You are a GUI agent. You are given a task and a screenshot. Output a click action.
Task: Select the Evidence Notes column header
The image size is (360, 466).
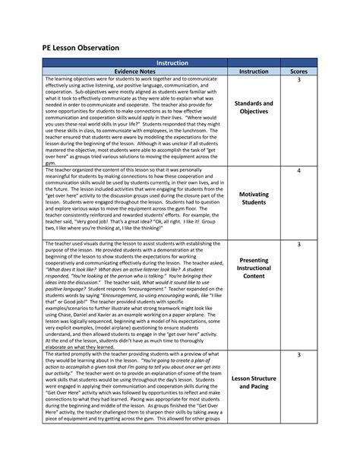(x=134, y=71)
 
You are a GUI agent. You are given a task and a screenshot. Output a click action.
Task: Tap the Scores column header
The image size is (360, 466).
(x=298, y=71)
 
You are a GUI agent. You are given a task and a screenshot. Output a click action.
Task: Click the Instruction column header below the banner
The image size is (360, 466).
(x=253, y=71)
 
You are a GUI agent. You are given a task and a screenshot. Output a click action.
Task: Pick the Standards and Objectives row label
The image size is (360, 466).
(x=253, y=107)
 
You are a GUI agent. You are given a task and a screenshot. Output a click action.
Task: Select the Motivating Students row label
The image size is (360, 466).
(x=253, y=198)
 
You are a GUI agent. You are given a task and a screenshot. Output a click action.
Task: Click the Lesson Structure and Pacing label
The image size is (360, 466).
(x=253, y=382)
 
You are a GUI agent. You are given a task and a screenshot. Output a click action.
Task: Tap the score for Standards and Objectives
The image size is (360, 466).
(x=298, y=81)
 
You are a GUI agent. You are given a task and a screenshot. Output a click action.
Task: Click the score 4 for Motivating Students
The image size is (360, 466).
(x=298, y=171)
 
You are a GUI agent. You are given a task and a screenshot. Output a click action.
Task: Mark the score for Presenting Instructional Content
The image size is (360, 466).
(x=298, y=244)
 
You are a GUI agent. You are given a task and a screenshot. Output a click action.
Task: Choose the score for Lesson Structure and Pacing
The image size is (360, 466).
(x=298, y=355)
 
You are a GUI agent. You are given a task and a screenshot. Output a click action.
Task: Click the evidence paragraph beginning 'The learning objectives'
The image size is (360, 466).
(x=134, y=122)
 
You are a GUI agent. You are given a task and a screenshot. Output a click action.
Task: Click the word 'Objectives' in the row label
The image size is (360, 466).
(x=253, y=112)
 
